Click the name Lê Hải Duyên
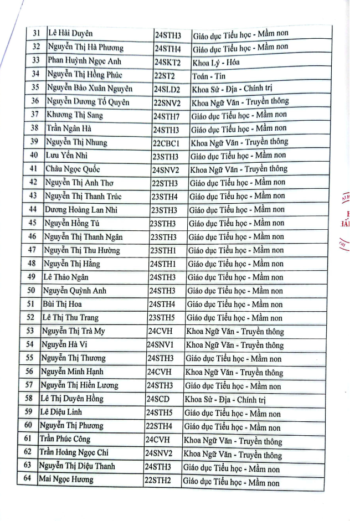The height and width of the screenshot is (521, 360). click(x=70, y=34)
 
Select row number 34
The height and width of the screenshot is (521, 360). click(x=35, y=74)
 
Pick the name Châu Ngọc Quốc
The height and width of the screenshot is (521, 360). click(x=73, y=169)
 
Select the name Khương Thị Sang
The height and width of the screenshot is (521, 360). click(x=75, y=115)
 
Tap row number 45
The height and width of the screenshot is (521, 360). click(x=33, y=223)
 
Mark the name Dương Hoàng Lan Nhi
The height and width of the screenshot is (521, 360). click(x=81, y=210)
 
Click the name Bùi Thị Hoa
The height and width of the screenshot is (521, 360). click(x=62, y=304)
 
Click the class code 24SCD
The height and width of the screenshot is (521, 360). click(x=158, y=399)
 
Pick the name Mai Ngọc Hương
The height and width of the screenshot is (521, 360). click(x=66, y=479)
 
